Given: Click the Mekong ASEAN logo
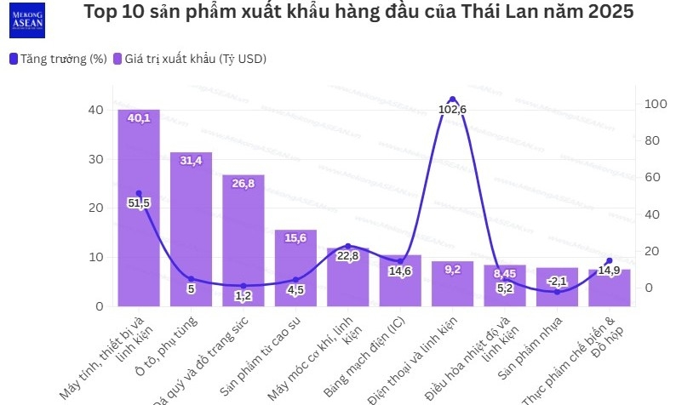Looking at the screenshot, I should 27,20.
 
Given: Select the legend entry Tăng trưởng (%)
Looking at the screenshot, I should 57,59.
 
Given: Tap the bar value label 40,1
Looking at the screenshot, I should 139,118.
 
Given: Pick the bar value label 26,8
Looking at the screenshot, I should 243,183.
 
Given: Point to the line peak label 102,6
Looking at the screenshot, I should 452,109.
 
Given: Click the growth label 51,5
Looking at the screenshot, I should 139,202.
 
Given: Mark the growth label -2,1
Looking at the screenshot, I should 557,281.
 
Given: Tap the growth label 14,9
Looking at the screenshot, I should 609,271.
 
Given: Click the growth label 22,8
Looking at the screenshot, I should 347,255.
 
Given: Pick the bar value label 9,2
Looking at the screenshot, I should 452,269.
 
